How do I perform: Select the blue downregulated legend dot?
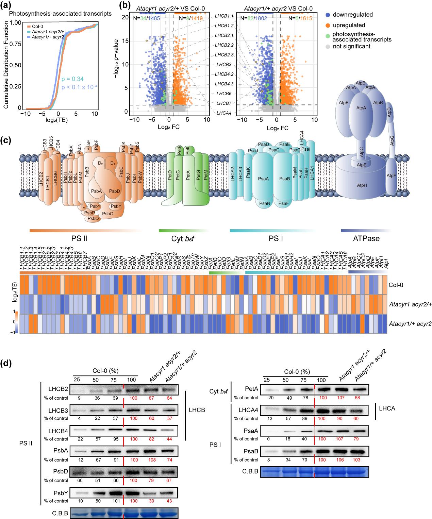[328, 15]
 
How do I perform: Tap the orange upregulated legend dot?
[328, 25]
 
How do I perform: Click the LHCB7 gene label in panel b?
[224, 102]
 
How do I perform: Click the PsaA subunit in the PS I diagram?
[262, 178]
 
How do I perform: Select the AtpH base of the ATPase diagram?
[360, 186]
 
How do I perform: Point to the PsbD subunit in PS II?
[114, 191]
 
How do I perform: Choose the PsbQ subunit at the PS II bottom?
[93, 219]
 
